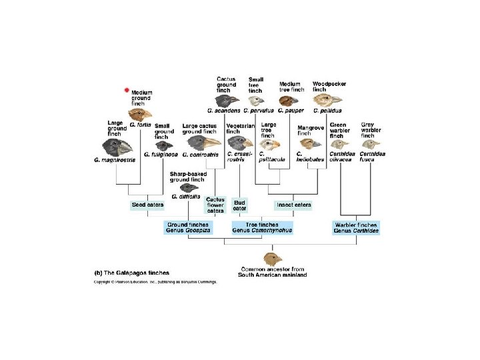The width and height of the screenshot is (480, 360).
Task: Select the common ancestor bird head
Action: coord(273,258)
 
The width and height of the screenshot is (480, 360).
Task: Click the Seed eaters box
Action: coord(147,205)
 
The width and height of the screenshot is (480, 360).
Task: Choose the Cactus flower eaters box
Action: coord(215,205)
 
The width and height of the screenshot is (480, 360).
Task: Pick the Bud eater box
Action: coord(239,205)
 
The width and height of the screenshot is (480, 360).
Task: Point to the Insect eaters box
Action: coord(293,205)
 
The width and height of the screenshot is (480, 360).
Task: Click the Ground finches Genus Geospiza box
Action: coord(188,227)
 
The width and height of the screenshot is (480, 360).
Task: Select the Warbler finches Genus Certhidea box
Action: coord(355,227)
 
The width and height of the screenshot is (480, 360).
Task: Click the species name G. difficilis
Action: coord(186,197)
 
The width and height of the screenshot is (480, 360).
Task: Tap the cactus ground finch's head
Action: coord(228,100)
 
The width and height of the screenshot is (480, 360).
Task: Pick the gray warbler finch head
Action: coord(371,144)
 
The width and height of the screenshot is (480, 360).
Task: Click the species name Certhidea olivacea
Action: coord(341,157)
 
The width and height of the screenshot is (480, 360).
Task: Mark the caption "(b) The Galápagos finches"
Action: coord(131,273)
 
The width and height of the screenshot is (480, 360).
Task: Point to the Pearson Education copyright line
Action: coord(155,281)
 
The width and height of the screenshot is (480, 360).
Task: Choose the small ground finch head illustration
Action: coord(163,145)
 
